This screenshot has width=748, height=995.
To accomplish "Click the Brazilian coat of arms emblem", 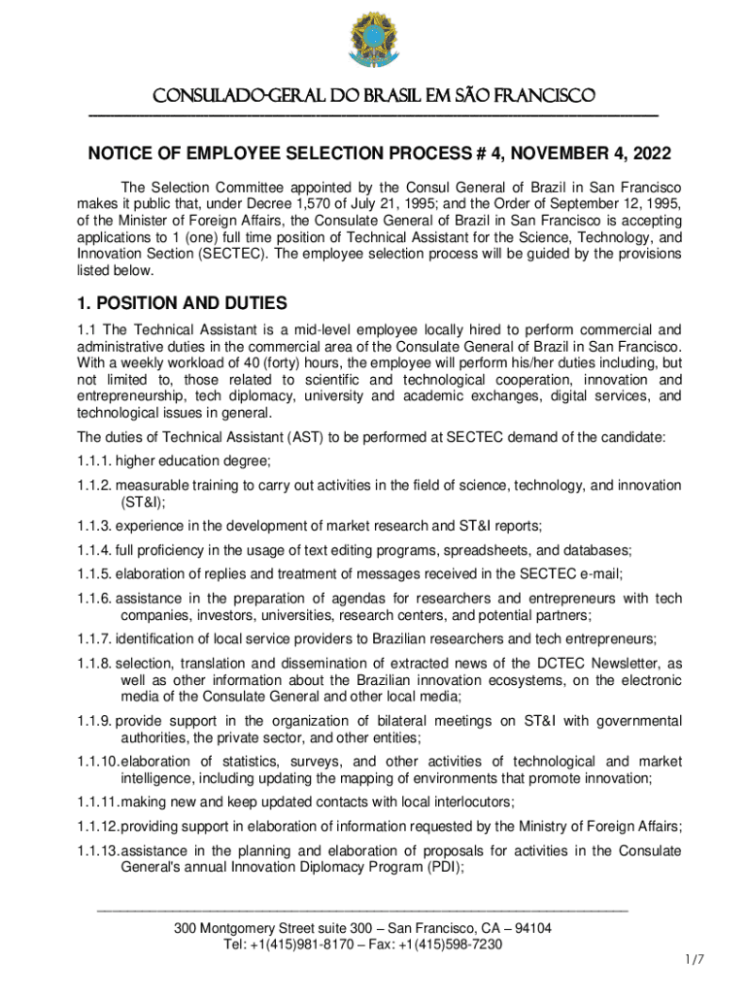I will [x=374, y=44].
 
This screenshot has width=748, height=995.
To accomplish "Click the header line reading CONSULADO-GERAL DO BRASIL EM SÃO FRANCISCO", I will [x=374, y=97].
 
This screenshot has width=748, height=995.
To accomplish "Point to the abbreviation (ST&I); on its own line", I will [x=142, y=502].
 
